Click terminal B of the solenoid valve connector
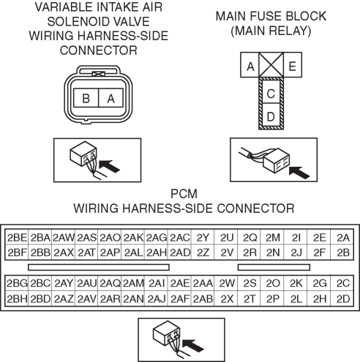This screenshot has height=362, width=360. coord(86,98)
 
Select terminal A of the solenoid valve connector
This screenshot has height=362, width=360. coord(110,98)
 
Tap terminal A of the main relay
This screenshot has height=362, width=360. coord(250,65)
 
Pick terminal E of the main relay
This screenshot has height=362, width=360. coord(293,65)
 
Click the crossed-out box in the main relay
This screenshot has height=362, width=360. coord(271,65)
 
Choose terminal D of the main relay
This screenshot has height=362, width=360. coord(271,115)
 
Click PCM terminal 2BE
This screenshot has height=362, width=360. coord(17,237)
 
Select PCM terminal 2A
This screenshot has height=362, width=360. coord(342,237)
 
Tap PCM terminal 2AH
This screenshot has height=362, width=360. coord(157,252)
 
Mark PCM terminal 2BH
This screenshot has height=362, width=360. coord(17,298)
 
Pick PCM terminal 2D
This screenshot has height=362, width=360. coord(342,298)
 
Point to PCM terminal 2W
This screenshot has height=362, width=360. coord(227,283)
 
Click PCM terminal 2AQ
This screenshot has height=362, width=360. coord(110,283)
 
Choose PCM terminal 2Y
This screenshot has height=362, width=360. coord(203,237)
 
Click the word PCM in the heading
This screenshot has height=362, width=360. coord(184,194)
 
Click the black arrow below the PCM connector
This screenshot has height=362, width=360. coord(193,344)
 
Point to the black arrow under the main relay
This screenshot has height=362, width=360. coord(299,172)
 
